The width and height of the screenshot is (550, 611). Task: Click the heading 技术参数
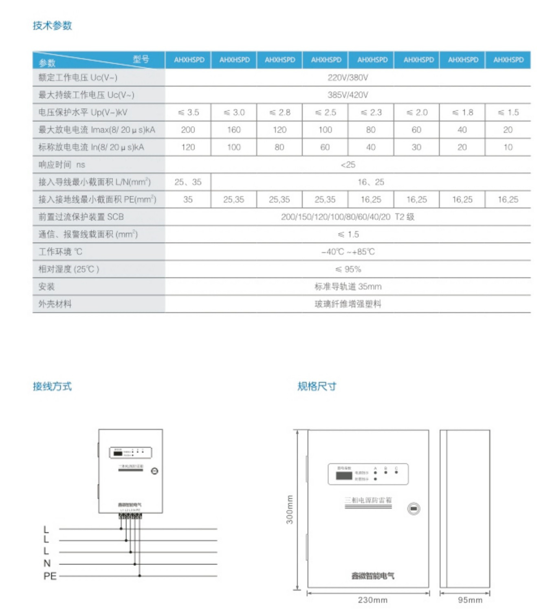point(52,26)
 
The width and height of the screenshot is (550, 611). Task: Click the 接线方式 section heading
point(52,386)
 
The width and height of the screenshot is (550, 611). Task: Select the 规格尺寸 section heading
point(317,386)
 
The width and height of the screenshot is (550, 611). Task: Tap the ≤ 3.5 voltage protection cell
point(188,112)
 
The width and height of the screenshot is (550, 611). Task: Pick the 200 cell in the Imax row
point(188,130)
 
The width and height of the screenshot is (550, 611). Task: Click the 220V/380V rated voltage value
point(348,77)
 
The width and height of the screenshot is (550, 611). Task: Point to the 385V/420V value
point(348,95)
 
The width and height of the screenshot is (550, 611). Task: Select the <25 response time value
point(348,165)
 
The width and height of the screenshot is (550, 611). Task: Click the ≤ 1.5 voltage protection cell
point(508,112)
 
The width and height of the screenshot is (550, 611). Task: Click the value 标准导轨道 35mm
point(348,287)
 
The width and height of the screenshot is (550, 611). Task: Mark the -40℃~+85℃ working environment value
point(348,252)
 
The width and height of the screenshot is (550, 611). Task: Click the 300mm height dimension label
point(290,509)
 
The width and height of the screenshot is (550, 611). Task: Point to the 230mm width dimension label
point(372,600)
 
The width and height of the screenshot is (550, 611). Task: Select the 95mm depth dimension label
point(470,600)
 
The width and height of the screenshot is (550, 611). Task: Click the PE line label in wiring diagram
point(50,576)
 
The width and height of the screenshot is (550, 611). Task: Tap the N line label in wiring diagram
point(47,563)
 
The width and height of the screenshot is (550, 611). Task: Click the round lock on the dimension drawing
point(414,509)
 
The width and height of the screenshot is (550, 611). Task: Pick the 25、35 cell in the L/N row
point(188,182)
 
